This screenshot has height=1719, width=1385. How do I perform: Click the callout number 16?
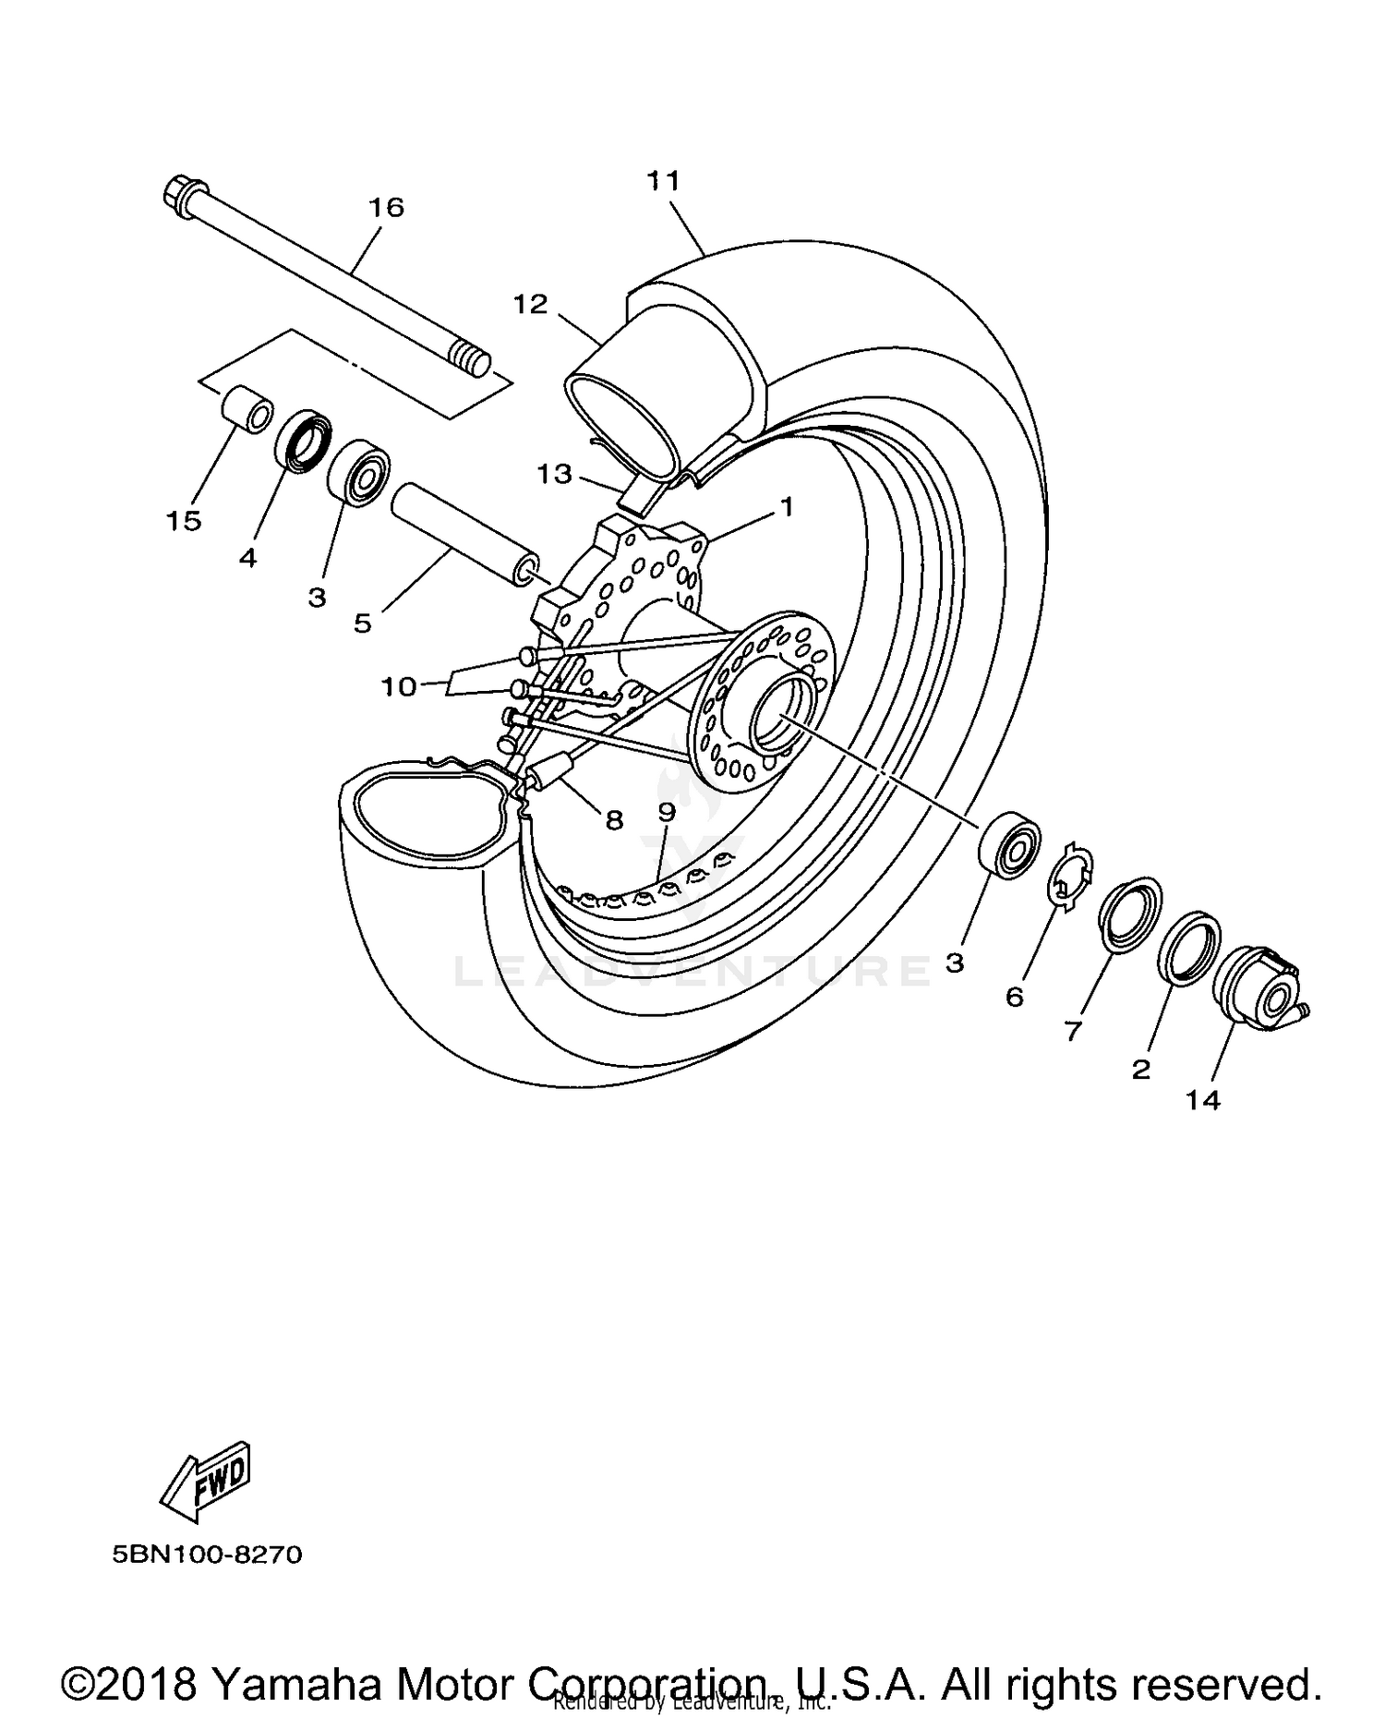point(387,208)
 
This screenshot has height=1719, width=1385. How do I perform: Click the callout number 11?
point(663,180)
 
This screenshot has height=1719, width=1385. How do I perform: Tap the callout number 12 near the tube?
point(531,304)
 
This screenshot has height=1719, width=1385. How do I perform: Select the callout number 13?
point(555,474)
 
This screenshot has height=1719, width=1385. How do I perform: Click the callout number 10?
point(399,686)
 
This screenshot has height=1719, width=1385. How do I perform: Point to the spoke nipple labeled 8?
point(551,770)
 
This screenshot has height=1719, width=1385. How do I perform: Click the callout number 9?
point(667,811)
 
